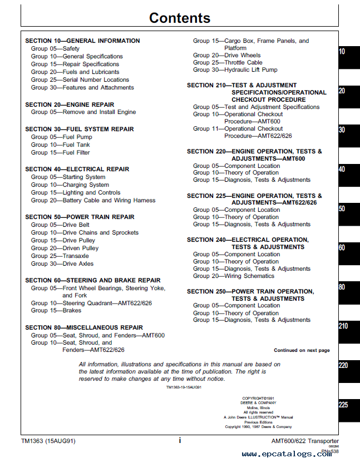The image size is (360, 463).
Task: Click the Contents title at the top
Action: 179,18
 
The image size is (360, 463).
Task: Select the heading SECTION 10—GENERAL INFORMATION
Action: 82,41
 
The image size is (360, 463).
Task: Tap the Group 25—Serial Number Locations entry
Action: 80,79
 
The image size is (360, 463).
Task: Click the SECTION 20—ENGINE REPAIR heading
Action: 70,104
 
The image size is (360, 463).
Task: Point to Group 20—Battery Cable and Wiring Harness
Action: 93,200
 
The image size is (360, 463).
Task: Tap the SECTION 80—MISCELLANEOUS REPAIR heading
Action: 84,327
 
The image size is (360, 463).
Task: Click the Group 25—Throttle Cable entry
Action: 228,62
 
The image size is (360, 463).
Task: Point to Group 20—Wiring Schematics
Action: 234,276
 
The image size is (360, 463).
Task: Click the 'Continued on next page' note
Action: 302,350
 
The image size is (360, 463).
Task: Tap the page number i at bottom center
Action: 180,440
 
